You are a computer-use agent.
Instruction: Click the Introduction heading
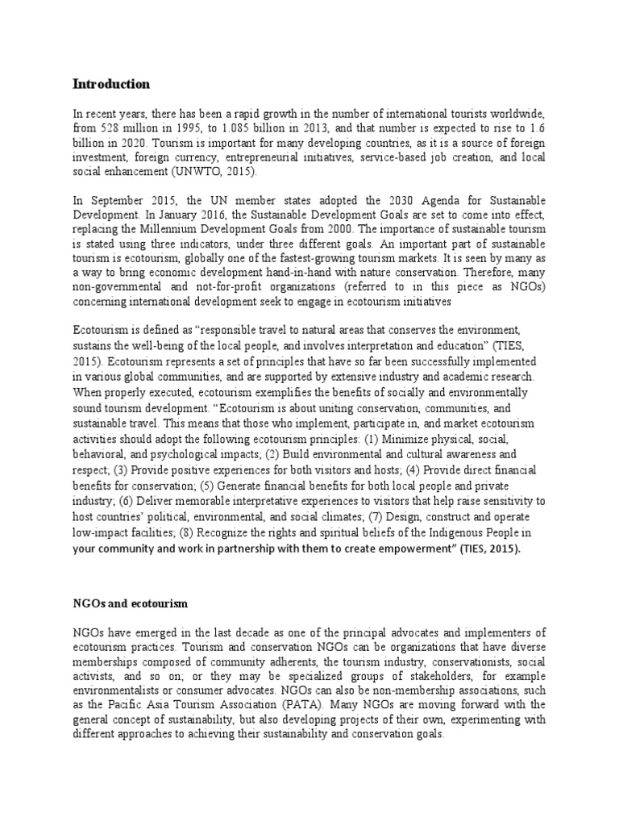point(111,84)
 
